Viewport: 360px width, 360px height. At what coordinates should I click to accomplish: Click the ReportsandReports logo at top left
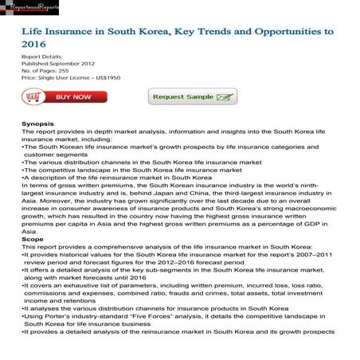(37, 6)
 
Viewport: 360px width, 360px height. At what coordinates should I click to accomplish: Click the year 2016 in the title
(36, 45)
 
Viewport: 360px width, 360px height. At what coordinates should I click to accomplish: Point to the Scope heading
(33, 238)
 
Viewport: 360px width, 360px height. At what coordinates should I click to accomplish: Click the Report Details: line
(44, 58)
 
